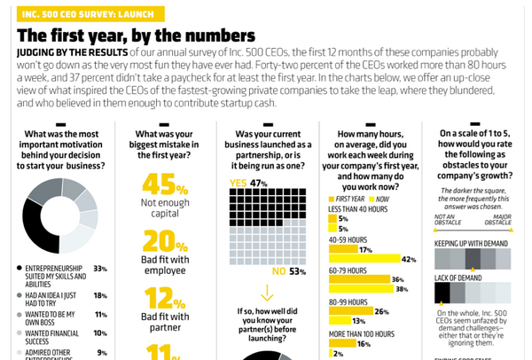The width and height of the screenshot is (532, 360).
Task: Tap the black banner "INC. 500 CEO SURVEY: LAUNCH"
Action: pos(78,12)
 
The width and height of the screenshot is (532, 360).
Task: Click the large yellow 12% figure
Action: pos(164,298)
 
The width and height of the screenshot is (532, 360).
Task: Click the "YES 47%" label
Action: pos(248,184)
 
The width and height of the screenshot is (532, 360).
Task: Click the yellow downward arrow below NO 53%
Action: pos(266,293)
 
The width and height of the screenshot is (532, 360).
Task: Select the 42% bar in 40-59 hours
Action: pos(364,260)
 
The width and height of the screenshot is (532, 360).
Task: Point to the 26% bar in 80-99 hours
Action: pos(351,311)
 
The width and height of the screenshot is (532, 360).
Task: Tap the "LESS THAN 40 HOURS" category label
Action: pos(359,209)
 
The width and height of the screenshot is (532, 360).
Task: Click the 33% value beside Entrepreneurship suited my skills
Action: pos(100,269)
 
